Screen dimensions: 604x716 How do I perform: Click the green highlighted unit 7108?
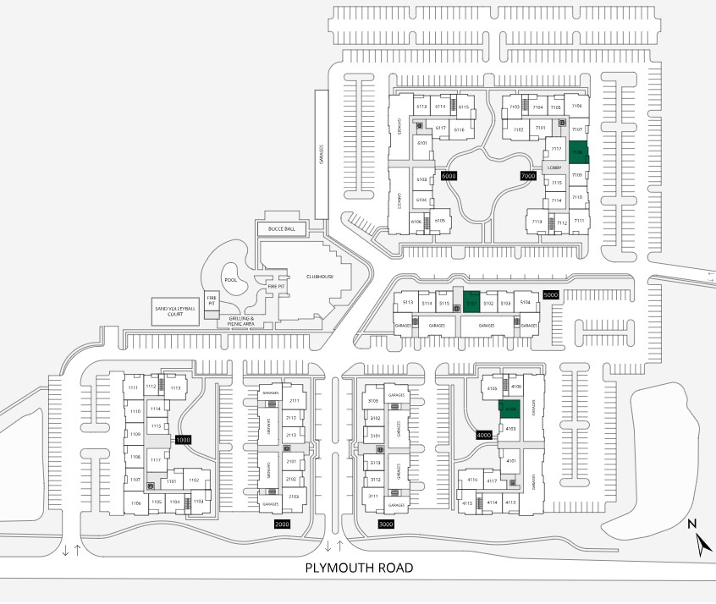click(578, 151)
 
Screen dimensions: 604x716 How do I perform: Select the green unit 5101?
click(471, 301)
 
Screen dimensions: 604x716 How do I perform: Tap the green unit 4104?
click(509, 409)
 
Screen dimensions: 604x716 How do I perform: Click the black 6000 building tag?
click(449, 175)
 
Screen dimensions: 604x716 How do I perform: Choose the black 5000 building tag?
click(551, 294)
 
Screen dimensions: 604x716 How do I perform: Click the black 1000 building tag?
click(184, 440)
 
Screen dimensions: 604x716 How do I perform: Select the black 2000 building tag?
click(283, 524)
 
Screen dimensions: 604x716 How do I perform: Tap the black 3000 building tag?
click(386, 524)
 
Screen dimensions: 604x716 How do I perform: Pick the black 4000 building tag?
click(484, 435)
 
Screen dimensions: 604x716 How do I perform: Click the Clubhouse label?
click(321, 277)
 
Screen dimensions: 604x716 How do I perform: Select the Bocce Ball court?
click(281, 229)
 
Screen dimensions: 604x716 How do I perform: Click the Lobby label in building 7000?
click(554, 167)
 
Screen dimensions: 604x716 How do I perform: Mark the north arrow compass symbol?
click(701, 541)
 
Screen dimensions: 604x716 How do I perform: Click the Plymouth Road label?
click(360, 568)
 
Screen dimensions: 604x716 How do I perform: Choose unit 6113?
click(421, 107)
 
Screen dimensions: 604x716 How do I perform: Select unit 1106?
click(135, 503)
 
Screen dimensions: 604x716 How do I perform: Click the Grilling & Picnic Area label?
click(240, 320)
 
